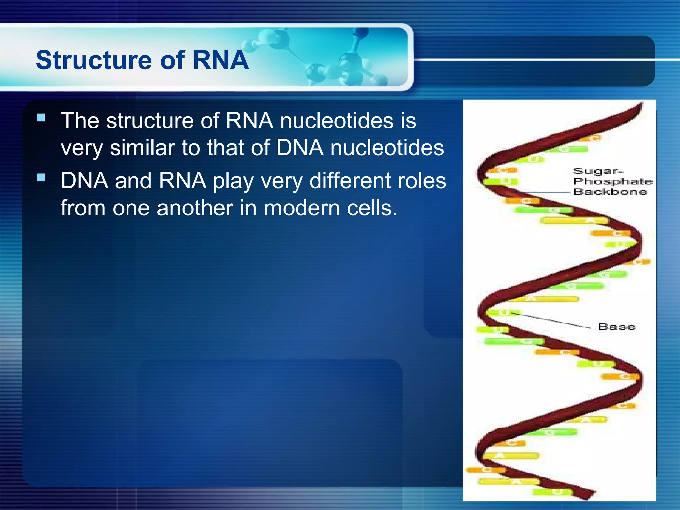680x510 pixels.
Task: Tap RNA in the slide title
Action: click(x=220, y=60)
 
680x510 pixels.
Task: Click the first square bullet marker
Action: click(x=41, y=118)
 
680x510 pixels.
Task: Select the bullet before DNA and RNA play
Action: click(x=41, y=178)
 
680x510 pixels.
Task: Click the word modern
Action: click(x=301, y=208)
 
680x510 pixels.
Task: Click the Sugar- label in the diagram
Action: click(x=598, y=171)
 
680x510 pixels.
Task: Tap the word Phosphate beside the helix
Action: click(x=613, y=181)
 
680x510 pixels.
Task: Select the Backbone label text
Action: click(x=610, y=192)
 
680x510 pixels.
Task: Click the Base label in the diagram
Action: click(x=617, y=327)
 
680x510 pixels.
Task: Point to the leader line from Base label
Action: click(x=551, y=320)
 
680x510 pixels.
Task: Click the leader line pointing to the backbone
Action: click(x=545, y=192)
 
